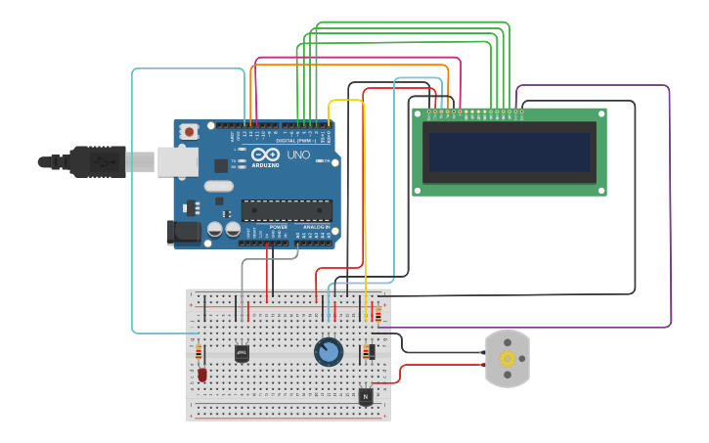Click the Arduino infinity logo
click(265, 155)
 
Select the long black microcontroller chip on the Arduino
click(287, 209)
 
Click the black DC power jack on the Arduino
click(183, 232)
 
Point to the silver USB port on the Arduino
click(178, 162)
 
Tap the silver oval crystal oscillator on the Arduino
click(219, 186)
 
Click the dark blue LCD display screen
click(509, 152)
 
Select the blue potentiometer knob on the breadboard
click(329, 351)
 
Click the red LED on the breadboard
click(202, 374)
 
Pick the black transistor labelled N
click(365, 396)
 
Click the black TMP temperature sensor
click(242, 352)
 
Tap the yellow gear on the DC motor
click(508, 359)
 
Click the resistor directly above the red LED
click(199, 352)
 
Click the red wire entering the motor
click(440, 366)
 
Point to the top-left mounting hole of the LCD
click(419, 115)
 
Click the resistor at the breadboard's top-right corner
click(378, 314)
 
